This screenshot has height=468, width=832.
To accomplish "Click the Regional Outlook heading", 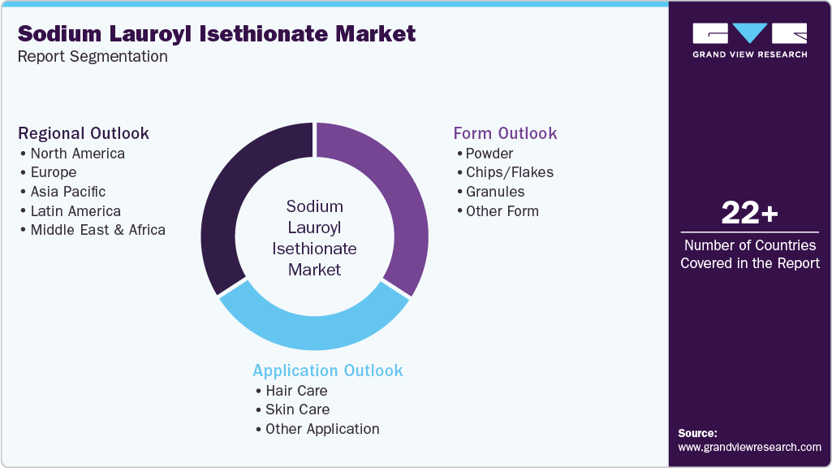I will click(84, 133).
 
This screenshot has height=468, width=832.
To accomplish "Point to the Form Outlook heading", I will click(505, 133).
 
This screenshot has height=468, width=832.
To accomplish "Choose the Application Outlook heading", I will click(327, 370).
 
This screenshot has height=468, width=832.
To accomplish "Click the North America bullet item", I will click(77, 154).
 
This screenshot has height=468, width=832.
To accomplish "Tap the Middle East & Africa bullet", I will click(97, 230).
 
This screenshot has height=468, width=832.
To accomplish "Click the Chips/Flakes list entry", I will click(509, 172).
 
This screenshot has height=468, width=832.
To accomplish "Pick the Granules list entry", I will click(495, 192).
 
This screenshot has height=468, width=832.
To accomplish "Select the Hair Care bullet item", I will click(295, 391).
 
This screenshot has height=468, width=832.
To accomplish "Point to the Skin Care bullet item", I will click(297, 409).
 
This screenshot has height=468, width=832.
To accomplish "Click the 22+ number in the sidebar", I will click(749, 214).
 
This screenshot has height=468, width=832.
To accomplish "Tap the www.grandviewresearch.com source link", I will click(749, 447).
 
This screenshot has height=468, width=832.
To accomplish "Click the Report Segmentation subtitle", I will click(93, 57).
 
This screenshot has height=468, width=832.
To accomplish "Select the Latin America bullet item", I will click(75, 211).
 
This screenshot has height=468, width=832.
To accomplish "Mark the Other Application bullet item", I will click(321, 429).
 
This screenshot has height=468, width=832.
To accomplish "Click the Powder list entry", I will click(489, 154).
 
